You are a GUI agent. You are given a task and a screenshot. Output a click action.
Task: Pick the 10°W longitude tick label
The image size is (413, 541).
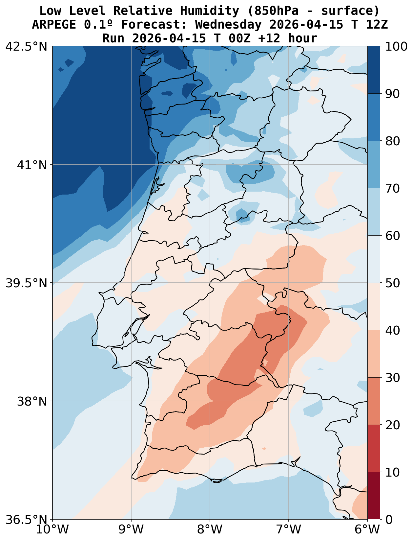[52, 530]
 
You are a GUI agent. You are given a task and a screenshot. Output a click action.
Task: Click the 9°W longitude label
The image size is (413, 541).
[131, 530]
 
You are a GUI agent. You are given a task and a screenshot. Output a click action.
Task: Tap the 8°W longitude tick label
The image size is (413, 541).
[210, 530]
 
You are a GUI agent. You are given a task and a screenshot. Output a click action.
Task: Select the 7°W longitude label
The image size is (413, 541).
[289, 530]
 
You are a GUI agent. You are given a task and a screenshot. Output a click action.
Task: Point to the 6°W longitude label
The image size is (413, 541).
[367, 530]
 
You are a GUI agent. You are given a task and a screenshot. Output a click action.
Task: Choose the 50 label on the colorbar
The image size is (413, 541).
[392, 283]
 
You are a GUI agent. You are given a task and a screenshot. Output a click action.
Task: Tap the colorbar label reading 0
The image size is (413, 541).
[388, 520]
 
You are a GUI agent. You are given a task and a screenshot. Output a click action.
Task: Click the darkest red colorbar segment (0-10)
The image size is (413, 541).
[374, 496]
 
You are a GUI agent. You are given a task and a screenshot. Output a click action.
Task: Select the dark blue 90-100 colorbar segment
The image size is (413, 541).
[374, 70]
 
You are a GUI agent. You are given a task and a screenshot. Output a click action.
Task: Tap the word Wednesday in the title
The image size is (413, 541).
[228, 25]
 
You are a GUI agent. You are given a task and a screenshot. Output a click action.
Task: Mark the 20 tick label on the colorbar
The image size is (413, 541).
[392, 425]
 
